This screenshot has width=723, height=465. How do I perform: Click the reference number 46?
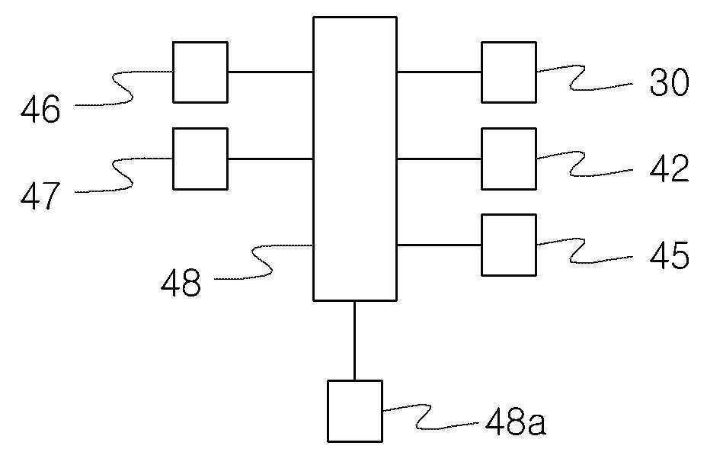click(x=40, y=109)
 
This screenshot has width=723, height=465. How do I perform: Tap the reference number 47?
click(x=40, y=196)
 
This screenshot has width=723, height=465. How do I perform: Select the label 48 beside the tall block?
click(x=181, y=282)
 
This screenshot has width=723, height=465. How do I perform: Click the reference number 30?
click(x=669, y=82)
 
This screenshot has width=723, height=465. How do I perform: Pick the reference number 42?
click(x=669, y=168)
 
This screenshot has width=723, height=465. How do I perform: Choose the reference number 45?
click(x=669, y=255)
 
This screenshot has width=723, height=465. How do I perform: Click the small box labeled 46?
click(x=200, y=72)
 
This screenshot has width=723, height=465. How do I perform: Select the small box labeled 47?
click(x=200, y=159)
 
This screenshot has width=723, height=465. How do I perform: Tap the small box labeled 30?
click(x=509, y=72)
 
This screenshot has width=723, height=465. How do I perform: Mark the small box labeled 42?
click(x=509, y=159)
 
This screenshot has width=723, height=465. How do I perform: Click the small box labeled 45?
click(x=509, y=245)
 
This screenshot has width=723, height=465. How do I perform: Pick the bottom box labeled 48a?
click(x=355, y=411)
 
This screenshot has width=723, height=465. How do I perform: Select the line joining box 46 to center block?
click(x=270, y=72)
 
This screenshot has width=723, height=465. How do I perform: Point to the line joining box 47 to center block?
click(x=270, y=159)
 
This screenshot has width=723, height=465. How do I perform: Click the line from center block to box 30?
click(x=440, y=72)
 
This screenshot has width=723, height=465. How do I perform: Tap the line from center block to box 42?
click(x=440, y=159)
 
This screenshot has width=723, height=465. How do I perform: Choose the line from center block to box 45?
click(x=440, y=245)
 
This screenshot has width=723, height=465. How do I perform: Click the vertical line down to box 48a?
click(x=354, y=341)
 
